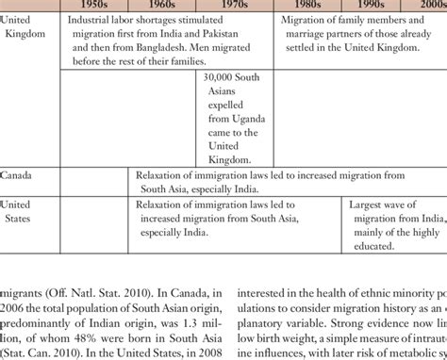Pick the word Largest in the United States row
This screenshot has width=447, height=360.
point(368,204)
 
